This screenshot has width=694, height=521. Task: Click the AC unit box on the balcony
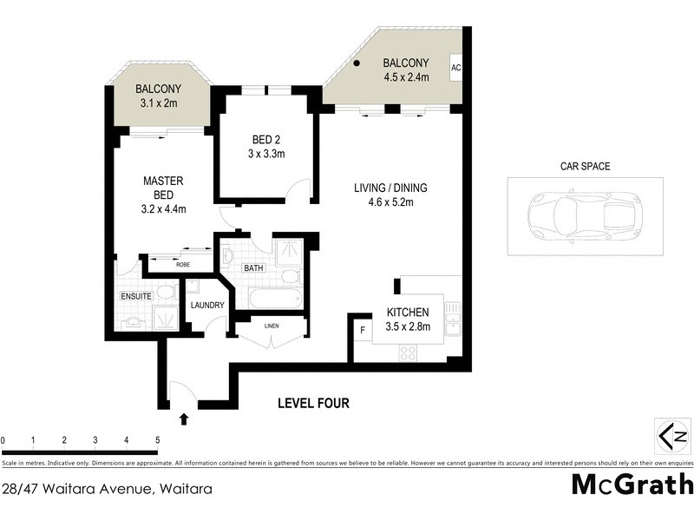pos(456,68)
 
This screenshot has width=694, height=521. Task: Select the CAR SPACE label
pos(585,165)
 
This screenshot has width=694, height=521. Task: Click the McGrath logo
pos(632,485)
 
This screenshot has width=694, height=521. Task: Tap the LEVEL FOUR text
pos(313,403)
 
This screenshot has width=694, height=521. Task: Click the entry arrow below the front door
pos(183,419)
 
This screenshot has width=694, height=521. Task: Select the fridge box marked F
pos(362,330)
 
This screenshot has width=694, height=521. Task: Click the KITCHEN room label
pos(408,312)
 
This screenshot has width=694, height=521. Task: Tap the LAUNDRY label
pos(207,305)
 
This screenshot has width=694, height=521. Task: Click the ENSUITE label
pos(137,296)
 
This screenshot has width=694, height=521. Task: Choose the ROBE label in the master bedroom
pos(183,264)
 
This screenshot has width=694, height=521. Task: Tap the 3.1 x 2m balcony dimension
pos(158,103)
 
